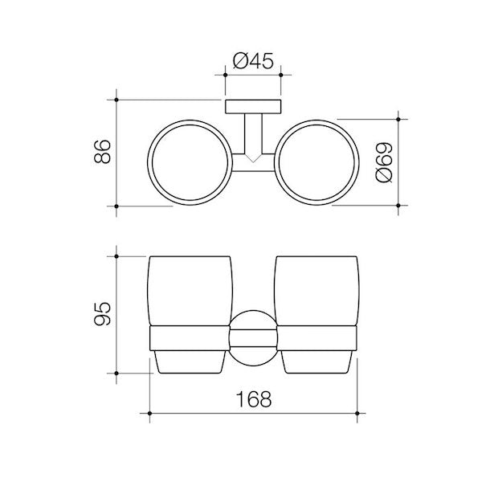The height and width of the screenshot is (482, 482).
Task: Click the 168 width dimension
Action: (254, 399)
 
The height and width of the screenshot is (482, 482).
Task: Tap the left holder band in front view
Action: (190, 339)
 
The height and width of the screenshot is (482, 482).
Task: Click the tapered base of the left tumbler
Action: (190, 363)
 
